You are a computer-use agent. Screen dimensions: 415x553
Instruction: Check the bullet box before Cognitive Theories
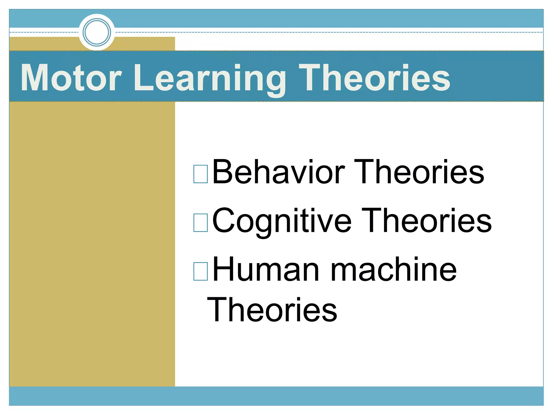[201, 223]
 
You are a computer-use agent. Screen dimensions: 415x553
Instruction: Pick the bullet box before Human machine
[201, 271]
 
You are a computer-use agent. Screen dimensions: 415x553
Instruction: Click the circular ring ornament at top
[97, 32]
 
